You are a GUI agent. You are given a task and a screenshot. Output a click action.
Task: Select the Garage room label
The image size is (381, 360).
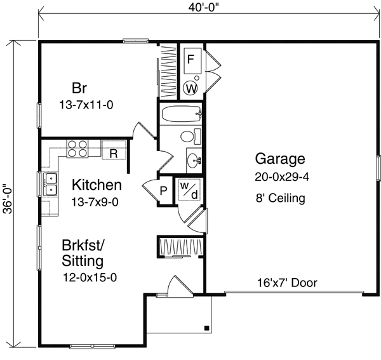pos(280,159)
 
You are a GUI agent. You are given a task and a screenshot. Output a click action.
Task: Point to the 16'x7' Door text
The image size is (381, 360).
pos(288,283)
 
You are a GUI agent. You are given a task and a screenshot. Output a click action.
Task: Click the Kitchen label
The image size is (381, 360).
pos(97,185)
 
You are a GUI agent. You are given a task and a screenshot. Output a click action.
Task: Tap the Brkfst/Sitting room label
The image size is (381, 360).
pos(83,253)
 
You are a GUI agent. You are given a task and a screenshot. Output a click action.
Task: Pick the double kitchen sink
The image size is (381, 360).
pos(50,183)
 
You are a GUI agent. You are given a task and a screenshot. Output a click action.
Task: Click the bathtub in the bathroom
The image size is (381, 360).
pos(181,115)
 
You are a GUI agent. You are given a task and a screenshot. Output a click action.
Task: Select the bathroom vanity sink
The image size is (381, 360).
pos(193,158)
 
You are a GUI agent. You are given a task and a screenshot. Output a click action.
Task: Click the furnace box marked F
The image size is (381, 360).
pos(190,60)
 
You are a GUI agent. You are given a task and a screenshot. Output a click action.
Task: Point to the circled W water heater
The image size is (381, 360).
pos(190,88)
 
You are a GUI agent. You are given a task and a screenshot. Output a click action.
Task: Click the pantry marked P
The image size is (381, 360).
pos(163,190)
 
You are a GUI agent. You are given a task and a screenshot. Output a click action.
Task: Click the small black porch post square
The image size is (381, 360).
pos(207,328)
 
